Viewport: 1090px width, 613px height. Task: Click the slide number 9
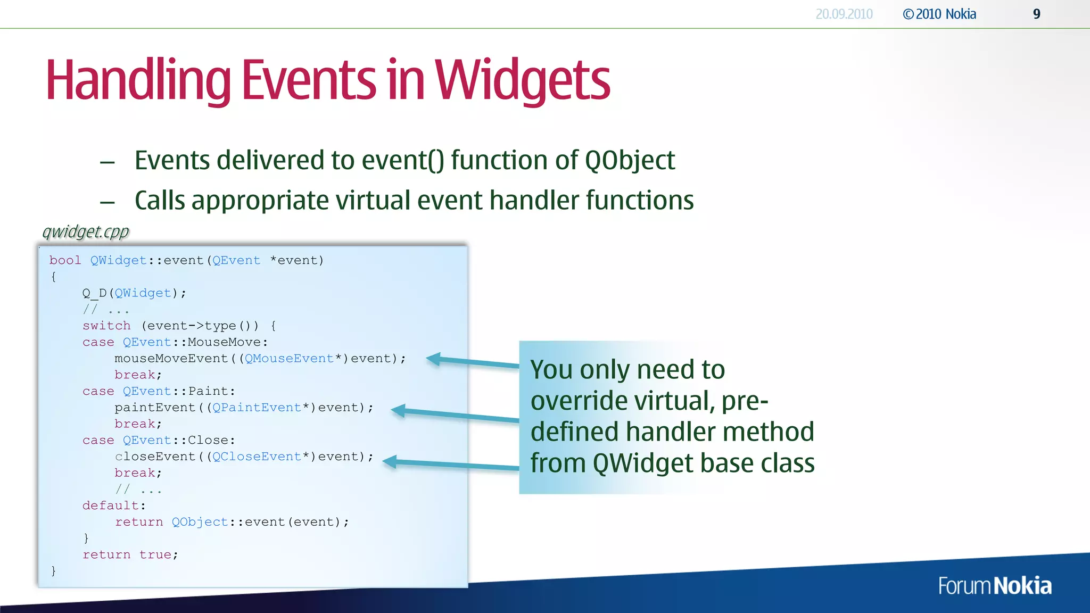tap(1036, 14)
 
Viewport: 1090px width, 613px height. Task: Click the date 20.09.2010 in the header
tap(844, 14)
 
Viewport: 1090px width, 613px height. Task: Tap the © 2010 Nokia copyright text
tap(939, 14)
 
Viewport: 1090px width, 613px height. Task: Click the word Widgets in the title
tap(522, 81)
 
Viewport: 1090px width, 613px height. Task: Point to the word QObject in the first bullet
tap(630, 160)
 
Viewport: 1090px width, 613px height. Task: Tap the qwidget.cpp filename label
tap(86, 231)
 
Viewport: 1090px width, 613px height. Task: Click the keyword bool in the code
tap(65, 260)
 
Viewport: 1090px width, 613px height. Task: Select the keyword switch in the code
tap(106, 326)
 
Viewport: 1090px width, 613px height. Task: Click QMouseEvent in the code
tap(289, 359)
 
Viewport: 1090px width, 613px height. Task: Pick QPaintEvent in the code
tap(257, 408)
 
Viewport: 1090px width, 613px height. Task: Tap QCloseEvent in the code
tap(257, 457)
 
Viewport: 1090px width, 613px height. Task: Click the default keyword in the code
tap(110, 506)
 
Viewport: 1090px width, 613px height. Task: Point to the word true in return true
tap(155, 554)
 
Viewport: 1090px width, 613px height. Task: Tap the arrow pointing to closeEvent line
tap(450, 465)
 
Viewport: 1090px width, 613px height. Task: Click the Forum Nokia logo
tap(995, 586)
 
